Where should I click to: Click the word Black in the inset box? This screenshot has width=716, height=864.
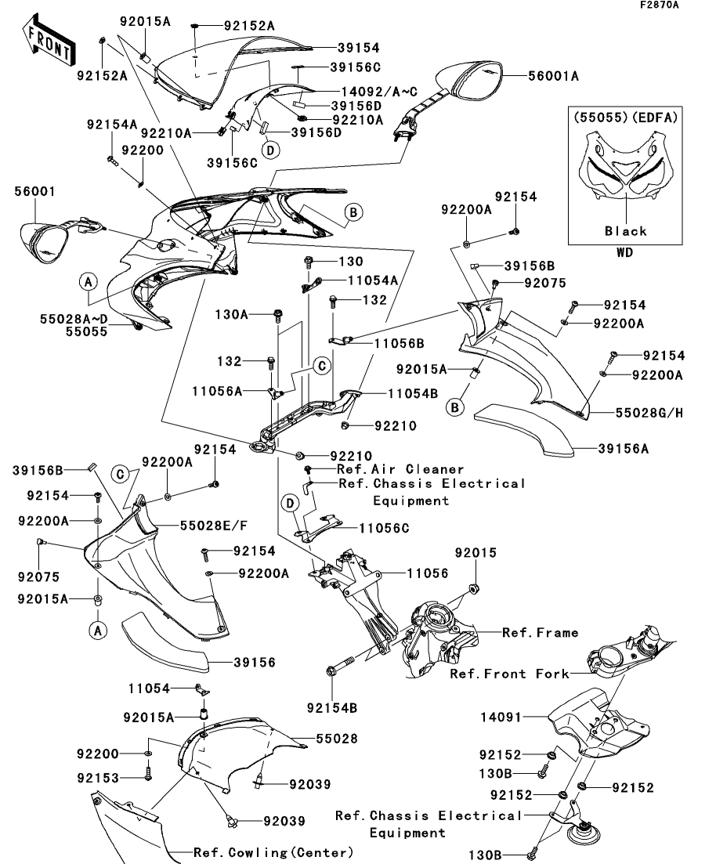coord(625,231)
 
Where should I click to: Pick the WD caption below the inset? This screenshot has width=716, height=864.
coord(625,253)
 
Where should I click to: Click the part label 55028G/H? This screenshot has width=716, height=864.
coord(640,412)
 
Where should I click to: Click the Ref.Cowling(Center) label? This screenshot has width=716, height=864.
coord(273,852)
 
